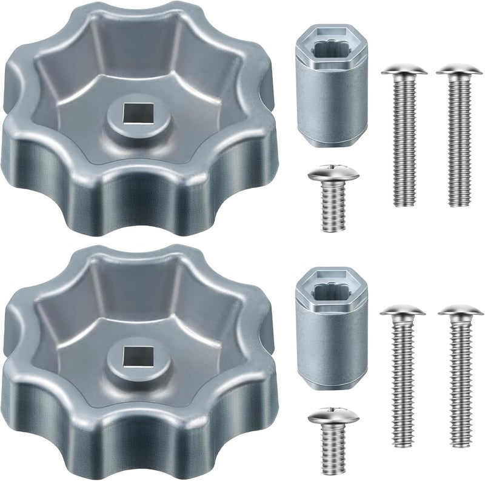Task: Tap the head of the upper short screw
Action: click(x=332, y=174)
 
